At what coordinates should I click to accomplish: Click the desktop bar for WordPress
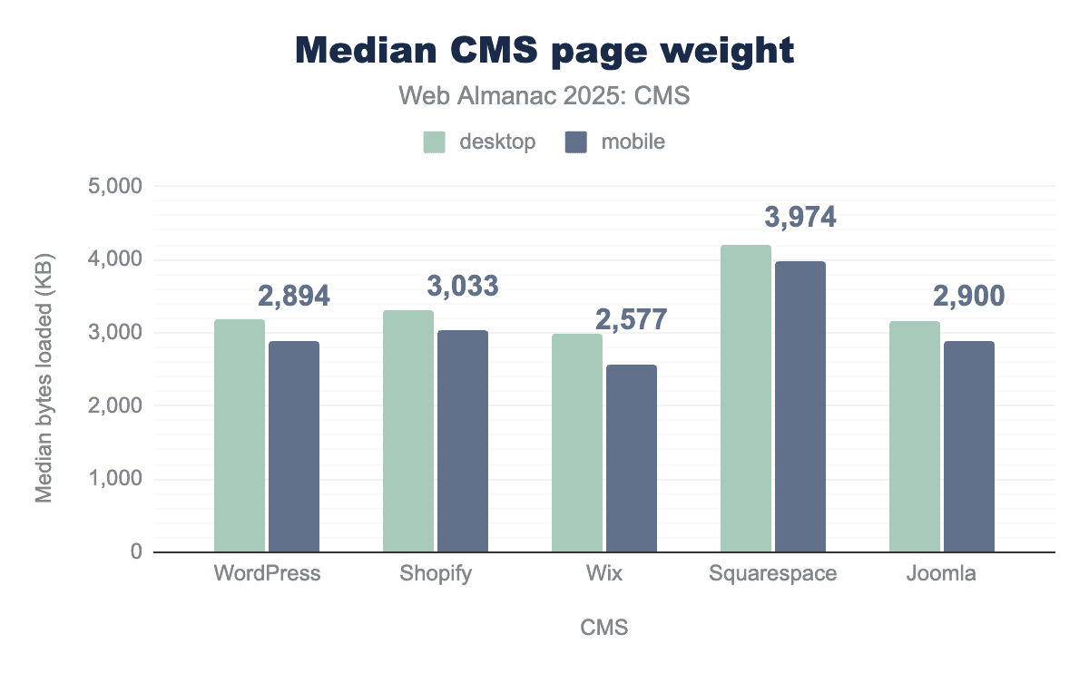pyautogui.click(x=240, y=435)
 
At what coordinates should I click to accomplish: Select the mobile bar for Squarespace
pyautogui.click(x=800, y=406)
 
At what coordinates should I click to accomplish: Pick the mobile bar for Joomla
pyautogui.click(x=969, y=446)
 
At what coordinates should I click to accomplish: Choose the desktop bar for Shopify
pyautogui.click(x=408, y=431)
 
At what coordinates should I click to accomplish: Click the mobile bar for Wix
pyautogui.click(x=632, y=458)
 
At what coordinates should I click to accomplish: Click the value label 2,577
pyautogui.click(x=631, y=319)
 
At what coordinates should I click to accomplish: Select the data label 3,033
pyautogui.click(x=462, y=287)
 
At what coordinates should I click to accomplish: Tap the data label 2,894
pyautogui.click(x=293, y=297)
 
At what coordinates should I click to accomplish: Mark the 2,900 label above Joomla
pyautogui.click(x=968, y=297)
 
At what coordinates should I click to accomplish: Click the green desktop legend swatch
pyautogui.click(x=435, y=142)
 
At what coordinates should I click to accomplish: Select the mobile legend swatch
pyautogui.click(x=576, y=142)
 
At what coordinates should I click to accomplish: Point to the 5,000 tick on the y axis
pyautogui.click(x=117, y=187)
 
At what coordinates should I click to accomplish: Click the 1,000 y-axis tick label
pyautogui.click(x=117, y=479)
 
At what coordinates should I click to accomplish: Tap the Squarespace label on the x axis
pyautogui.click(x=773, y=574)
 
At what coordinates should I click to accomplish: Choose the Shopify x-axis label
pyautogui.click(x=436, y=574)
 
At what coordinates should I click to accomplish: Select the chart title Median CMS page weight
pyautogui.click(x=544, y=51)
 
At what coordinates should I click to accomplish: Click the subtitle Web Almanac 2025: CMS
pyautogui.click(x=544, y=96)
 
